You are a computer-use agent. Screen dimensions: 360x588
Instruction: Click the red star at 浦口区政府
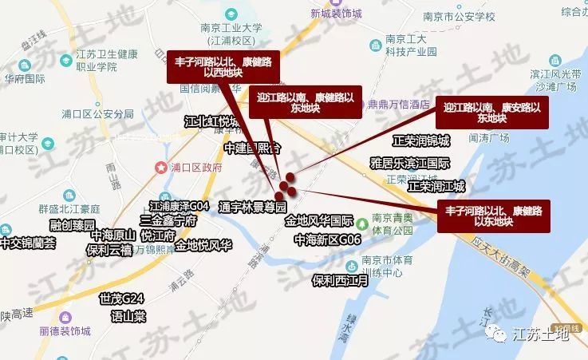(x=157, y=168)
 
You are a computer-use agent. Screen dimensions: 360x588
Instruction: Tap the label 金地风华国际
(x=319, y=220)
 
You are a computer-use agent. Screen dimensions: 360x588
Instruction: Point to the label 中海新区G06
(x=327, y=239)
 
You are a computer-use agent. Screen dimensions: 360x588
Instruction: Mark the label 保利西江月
(x=341, y=281)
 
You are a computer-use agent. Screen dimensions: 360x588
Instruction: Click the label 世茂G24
(x=121, y=299)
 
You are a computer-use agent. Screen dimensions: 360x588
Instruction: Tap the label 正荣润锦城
(x=421, y=140)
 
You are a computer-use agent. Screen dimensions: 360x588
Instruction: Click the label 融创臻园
(x=72, y=225)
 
